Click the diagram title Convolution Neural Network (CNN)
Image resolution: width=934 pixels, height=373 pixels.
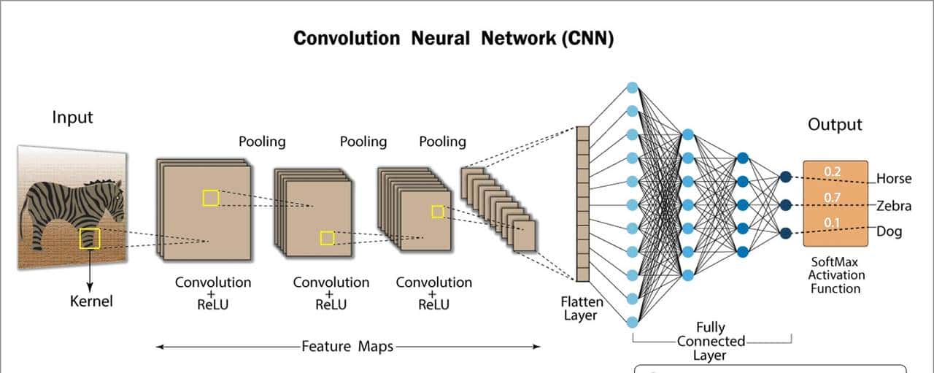453,39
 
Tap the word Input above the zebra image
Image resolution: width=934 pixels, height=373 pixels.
72,117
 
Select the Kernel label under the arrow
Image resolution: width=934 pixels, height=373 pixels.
91,300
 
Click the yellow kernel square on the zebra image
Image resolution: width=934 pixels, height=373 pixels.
90,238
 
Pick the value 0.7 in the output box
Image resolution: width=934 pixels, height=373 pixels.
832,197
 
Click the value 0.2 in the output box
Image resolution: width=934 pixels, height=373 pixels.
832,172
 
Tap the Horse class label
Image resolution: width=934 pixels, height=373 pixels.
894,179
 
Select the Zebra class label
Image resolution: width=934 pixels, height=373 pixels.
894,206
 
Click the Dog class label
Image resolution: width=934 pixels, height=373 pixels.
889,232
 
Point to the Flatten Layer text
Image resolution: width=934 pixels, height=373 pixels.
582,308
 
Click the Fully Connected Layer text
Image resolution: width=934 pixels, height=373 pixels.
710,341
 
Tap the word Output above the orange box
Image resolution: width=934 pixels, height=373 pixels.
835,125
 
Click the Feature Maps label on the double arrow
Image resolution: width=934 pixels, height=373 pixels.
347,347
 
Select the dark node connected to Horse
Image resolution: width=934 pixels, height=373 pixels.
785,177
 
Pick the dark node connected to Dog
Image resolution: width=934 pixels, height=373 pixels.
785,234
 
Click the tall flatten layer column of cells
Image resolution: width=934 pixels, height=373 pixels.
582,204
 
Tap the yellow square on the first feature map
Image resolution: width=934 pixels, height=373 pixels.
210,197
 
